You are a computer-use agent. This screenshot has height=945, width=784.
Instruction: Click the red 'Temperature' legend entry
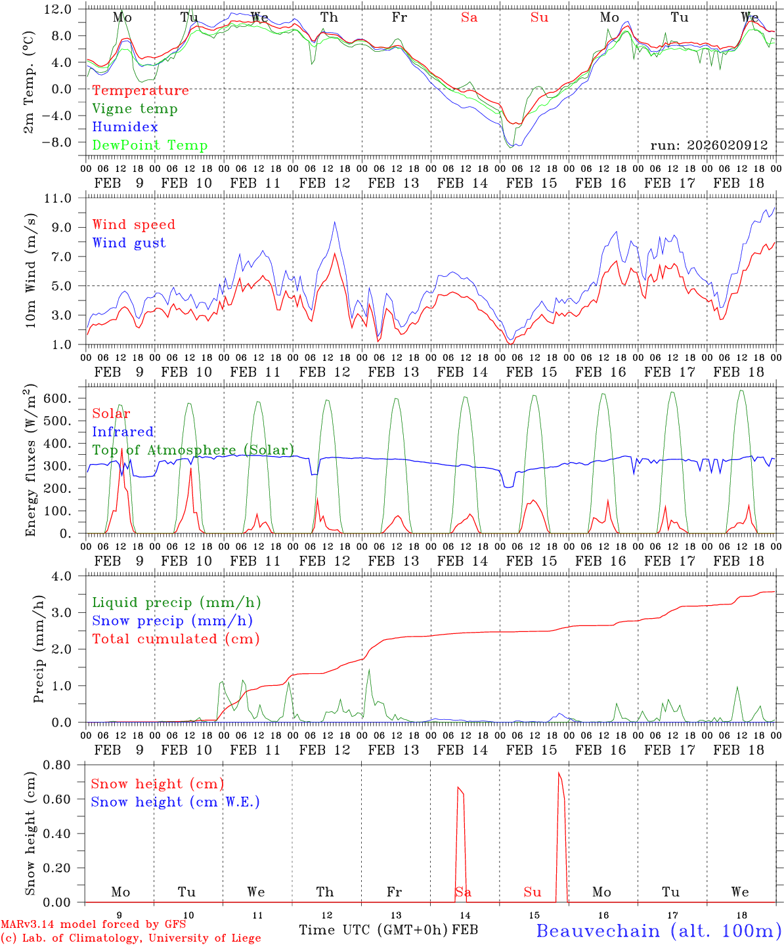pyautogui.click(x=141, y=91)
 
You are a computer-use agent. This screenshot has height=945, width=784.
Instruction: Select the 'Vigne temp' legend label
pyautogui.click(x=135, y=109)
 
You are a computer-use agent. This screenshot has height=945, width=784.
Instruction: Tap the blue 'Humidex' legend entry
pyautogui.click(x=125, y=127)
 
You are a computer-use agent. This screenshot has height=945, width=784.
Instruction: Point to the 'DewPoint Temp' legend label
pyautogui.click(x=150, y=146)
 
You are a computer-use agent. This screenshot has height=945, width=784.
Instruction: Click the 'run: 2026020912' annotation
pyautogui.click(x=708, y=145)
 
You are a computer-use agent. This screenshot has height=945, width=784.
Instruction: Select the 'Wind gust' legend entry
pyautogui.click(x=129, y=243)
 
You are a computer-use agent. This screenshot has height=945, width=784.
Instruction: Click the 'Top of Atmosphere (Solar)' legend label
pyautogui.click(x=193, y=450)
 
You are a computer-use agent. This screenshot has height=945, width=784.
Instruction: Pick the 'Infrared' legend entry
pyautogui.click(x=123, y=432)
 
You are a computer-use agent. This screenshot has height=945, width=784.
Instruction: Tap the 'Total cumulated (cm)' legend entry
pyautogui.click(x=176, y=639)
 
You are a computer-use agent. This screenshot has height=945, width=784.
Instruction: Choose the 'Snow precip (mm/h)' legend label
pyautogui.click(x=173, y=621)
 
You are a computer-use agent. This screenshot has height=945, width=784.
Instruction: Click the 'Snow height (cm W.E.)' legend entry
pyautogui.click(x=175, y=802)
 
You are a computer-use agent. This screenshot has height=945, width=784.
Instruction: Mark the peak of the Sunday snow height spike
pyautogui.click(x=559, y=773)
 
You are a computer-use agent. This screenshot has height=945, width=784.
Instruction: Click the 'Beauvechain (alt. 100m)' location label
pyautogui.click(x=659, y=931)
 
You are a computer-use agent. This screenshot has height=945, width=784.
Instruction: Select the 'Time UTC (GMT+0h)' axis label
pyautogui.click(x=374, y=930)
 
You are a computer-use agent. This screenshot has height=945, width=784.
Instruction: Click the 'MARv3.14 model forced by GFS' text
pyautogui.click(x=93, y=924)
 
